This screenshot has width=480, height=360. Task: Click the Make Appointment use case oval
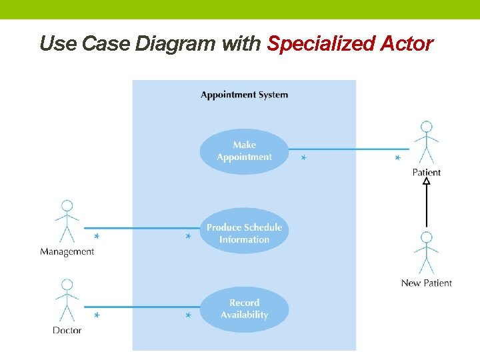[x=244, y=151]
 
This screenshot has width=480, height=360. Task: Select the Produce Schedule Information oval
[x=244, y=233]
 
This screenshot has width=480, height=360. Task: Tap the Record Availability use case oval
[x=244, y=309]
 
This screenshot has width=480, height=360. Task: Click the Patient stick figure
[x=426, y=143]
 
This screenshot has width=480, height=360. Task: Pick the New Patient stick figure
[x=426, y=253]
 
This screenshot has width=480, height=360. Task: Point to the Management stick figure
[x=67, y=221]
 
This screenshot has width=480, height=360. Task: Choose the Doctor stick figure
[x=67, y=301]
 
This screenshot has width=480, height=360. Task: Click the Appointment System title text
[x=244, y=95]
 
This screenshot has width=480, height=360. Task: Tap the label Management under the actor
[x=67, y=252]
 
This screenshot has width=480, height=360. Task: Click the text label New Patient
[x=426, y=283]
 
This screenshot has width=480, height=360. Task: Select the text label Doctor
[x=67, y=330]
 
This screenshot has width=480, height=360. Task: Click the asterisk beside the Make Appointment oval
[x=303, y=158]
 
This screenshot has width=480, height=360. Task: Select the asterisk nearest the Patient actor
[x=397, y=158]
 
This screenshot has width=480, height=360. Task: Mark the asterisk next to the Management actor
[x=97, y=236]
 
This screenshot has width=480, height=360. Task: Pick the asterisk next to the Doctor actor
[x=97, y=315]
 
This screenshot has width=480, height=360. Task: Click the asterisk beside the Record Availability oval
[x=189, y=315]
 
